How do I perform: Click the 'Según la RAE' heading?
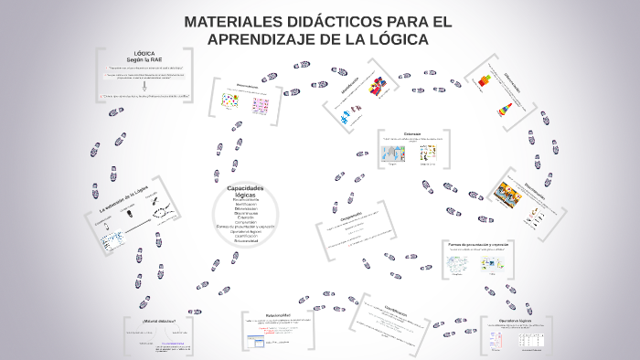tap(144, 59)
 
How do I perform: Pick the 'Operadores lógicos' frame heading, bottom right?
tap(516, 321)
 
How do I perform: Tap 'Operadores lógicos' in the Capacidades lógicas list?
tap(244, 232)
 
